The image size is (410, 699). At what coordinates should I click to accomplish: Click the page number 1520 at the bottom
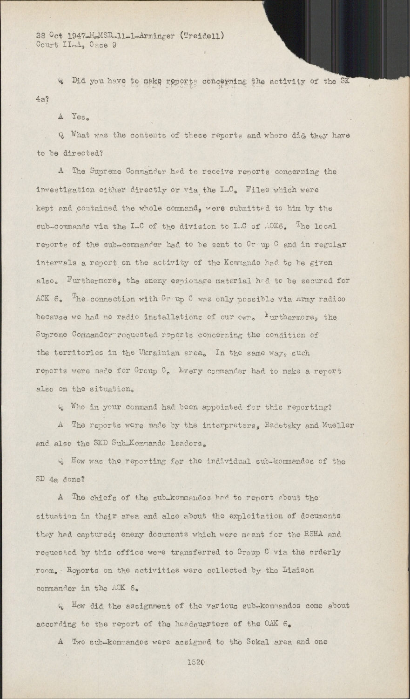pyautogui.click(x=196, y=661)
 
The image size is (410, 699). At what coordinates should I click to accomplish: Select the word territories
pyautogui.click(x=81, y=353)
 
